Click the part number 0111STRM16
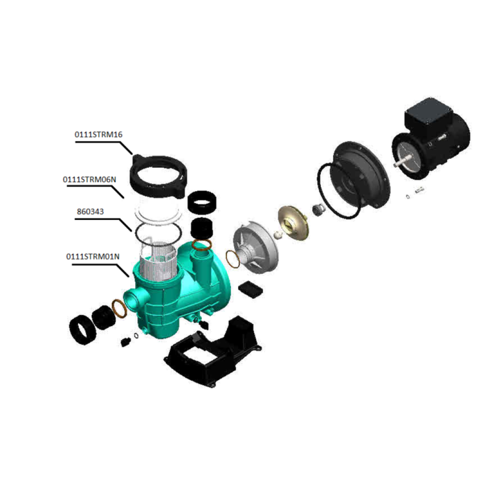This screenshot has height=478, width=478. (x=98, y=135)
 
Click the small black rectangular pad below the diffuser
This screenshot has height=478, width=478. (x=251, y=288)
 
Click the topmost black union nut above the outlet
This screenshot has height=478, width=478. (x=204, y=201)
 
